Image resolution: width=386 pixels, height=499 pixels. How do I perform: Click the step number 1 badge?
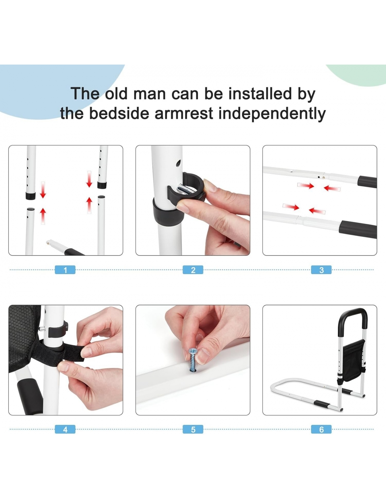pos(65,270)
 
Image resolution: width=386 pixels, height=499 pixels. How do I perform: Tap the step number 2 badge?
pos(193,270)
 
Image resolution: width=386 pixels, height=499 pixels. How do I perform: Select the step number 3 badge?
pos(321,270)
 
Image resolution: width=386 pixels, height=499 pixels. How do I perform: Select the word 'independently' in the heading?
pos(272,114)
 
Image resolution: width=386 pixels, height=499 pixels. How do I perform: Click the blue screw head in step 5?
pos(193,357)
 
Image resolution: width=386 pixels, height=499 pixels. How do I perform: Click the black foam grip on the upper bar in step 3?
pos(367,182)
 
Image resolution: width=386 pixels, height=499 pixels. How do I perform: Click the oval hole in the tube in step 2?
pos(178,164)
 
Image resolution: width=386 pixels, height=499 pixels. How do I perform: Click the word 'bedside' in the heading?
pos(119,113)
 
